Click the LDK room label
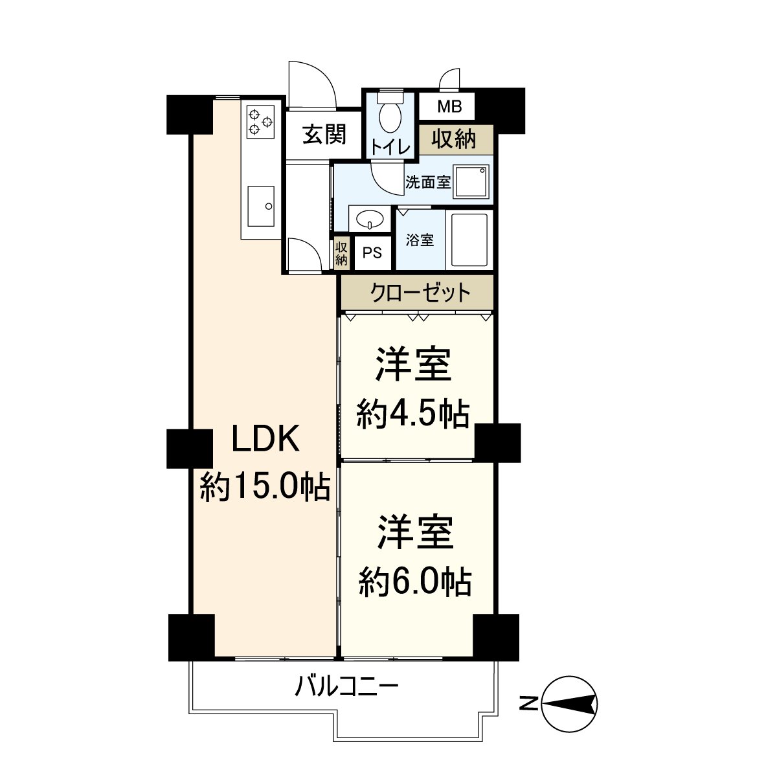[x=265, y=440]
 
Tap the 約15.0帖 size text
[x=265, y=486]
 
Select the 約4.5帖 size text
[x=413, y=413]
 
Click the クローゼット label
[x=420, y=293]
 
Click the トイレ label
[x=390, y=148]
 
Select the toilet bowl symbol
[x=390, y=115]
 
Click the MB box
[x=447, y=106]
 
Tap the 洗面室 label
[x=427, y=182]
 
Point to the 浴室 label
[x=420, y=240]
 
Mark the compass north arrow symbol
[x=569, y=703]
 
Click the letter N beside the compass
[x=529, y=703]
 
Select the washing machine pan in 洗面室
[x=471, y=182]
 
